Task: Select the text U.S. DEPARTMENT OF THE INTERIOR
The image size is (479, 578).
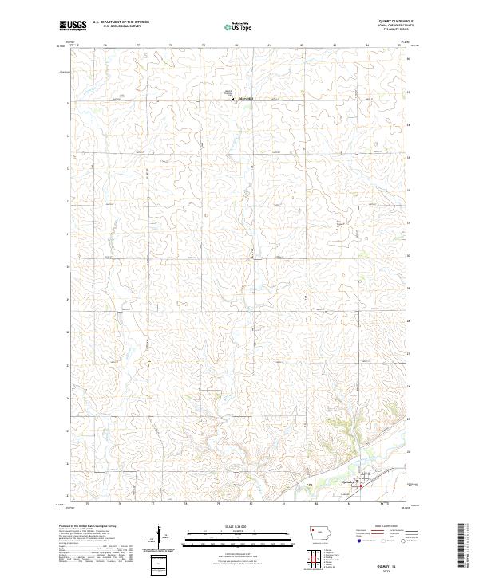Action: tap(121, 22)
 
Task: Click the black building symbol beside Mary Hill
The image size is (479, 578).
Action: tap(234, 100)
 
